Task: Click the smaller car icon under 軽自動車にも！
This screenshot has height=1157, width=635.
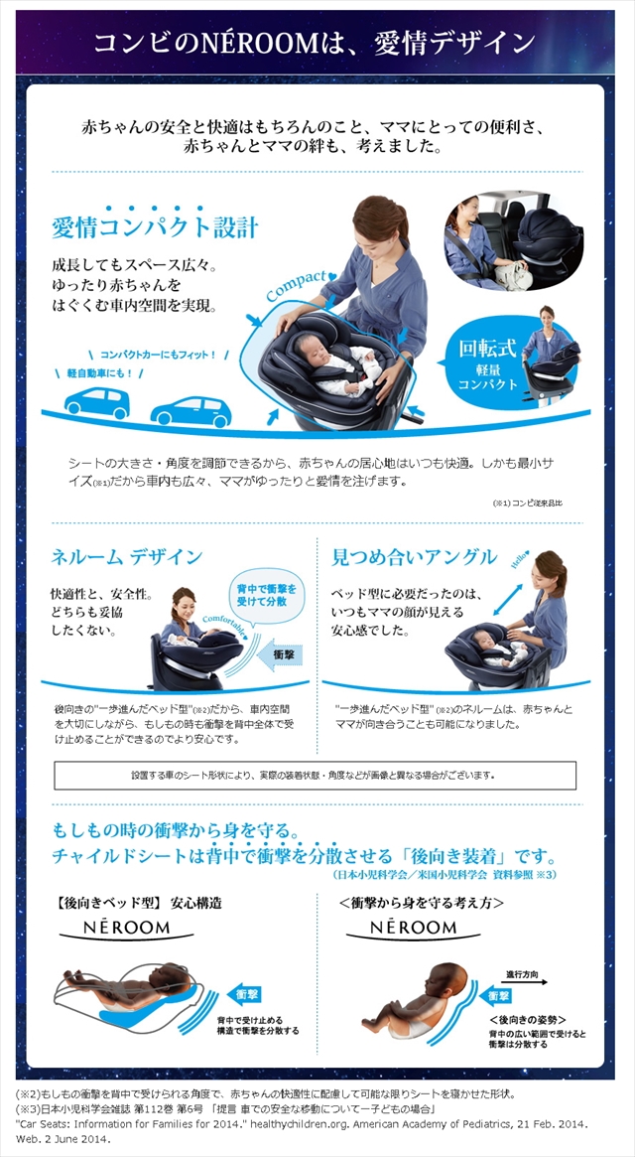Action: [97, 403]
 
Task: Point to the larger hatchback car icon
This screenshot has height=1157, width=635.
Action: [190, 409]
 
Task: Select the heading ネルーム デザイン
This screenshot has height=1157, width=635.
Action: [126, 556]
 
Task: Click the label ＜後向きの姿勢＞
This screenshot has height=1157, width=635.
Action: [527, 1019]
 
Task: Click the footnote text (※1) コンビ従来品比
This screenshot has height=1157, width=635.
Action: [527, 504]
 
